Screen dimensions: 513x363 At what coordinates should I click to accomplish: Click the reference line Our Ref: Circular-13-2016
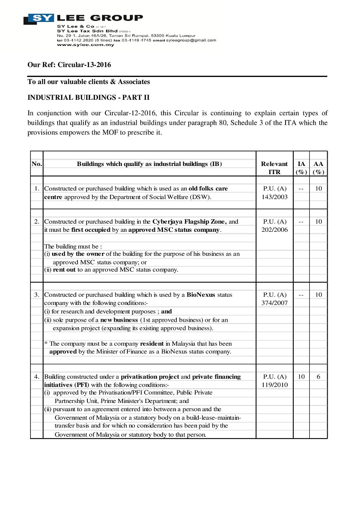(x=69, y=65)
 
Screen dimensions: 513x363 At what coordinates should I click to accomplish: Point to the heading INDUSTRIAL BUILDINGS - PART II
(x=89, y=98)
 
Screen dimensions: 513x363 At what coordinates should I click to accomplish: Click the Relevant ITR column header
(x=274, y=168)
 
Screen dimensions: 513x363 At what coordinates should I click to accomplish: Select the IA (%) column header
(x=301, y=168)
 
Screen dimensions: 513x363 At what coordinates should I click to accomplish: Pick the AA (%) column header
(x=318, y=168)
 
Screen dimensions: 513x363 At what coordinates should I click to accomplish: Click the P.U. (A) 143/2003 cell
(x=274, y=193)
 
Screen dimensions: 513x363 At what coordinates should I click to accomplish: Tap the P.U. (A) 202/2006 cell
(x=274, y=226)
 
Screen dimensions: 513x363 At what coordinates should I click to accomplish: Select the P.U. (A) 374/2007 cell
(x=274, y=299)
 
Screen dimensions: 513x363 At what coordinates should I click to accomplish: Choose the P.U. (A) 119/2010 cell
(x=274, y=381)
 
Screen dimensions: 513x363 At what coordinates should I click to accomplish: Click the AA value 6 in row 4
(x=318, y=377)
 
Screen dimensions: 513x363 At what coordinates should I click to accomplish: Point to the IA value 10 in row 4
(x=301, y=377)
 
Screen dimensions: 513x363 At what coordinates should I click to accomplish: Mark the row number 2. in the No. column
(x=37, y=222)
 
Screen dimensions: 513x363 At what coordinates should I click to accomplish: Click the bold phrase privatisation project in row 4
(x=150, y=377)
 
